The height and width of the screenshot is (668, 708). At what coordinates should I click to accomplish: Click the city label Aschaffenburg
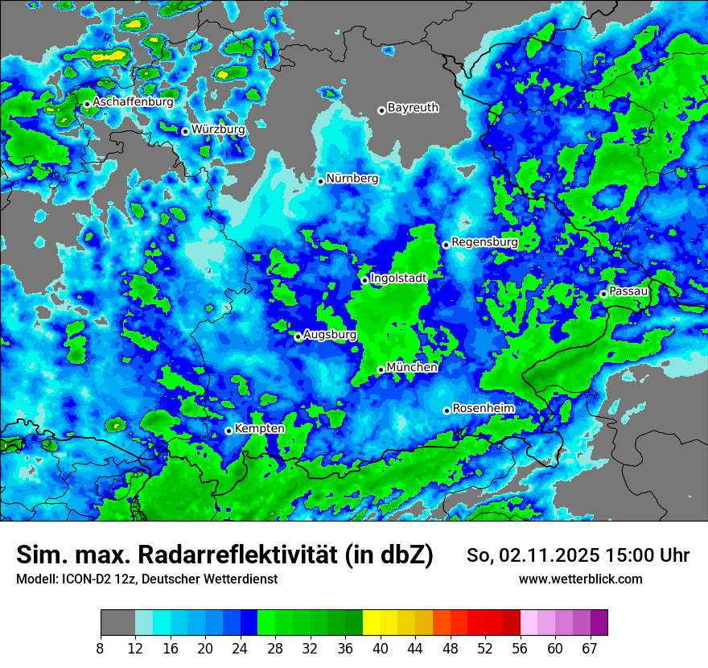(133, 102)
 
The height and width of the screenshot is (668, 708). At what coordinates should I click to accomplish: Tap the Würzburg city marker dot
(185, 131)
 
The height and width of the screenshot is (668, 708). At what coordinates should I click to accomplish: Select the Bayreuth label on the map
(413, 107)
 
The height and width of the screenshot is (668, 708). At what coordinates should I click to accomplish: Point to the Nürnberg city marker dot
(320, 181)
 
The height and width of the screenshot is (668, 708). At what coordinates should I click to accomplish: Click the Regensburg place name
(484, 241)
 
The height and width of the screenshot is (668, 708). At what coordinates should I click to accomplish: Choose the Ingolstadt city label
(398, 277)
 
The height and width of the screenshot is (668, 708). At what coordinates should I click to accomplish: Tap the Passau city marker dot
(603, 294)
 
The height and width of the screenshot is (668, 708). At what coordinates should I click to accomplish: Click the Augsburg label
(330, 335)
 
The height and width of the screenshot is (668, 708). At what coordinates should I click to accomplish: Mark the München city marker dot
(381, 370)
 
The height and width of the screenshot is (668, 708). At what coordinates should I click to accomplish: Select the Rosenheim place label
(484, 408)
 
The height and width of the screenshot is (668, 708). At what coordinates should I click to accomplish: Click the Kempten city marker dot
(228, 431)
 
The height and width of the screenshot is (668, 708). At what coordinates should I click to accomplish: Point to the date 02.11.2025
(549, 555)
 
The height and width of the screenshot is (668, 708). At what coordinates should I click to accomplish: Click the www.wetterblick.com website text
(580, 579)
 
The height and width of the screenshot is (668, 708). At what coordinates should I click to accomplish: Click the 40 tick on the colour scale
(381, 647)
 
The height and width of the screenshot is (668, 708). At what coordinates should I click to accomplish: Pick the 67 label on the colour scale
(589, 647)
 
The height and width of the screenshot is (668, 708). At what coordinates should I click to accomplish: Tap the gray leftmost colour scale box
(117, 623)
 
